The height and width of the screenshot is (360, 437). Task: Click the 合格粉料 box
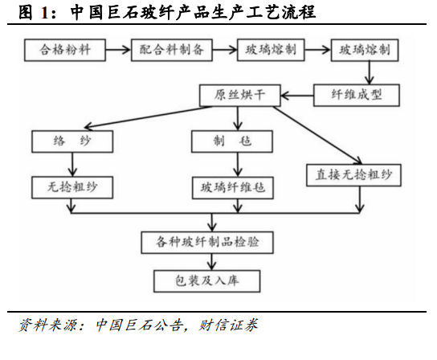65,50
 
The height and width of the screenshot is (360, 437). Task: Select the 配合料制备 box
172,50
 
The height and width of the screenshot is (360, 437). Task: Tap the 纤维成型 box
357,96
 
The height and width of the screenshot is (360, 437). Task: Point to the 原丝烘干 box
240,96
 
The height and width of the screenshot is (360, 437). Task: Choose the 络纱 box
72,141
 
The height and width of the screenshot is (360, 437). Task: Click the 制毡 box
232,141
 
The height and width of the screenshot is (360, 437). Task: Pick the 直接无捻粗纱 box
353,175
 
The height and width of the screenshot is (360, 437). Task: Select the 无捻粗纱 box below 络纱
72,187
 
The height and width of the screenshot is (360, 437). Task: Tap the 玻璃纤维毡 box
233,188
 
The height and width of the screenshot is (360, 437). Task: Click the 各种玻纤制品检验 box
207,243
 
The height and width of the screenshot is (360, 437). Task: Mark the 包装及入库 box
207,281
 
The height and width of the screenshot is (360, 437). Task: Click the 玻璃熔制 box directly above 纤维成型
365,50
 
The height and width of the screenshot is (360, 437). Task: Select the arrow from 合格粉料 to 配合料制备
118,50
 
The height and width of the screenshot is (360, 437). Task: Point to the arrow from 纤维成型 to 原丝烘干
297,96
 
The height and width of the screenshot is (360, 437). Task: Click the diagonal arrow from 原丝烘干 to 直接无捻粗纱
318,135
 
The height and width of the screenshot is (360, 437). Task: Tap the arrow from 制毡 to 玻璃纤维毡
238,165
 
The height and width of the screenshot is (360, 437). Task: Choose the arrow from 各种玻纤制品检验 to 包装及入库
212,262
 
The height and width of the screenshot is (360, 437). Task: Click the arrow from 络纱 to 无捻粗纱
72,165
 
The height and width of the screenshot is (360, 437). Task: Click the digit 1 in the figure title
45,13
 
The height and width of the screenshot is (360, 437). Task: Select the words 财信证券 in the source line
228,325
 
